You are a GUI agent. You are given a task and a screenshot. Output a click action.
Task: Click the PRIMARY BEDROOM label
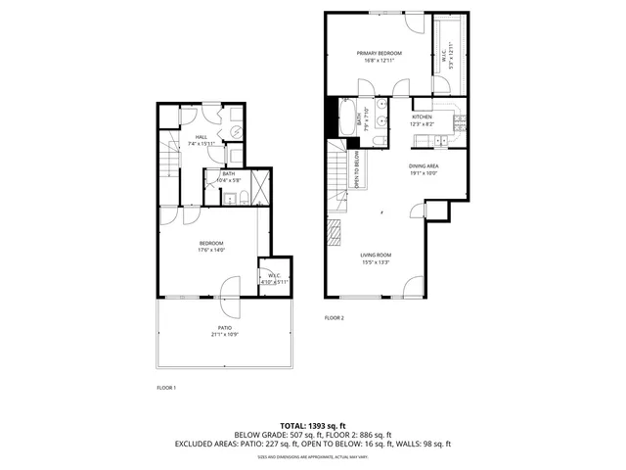(x=378, y=53)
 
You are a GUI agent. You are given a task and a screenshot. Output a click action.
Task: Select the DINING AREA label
(x=424, y=166)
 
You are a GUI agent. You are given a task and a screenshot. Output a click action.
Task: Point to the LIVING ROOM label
(x=377, y=255)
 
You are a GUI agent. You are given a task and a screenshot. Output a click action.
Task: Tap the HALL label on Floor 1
(x=201, y=137)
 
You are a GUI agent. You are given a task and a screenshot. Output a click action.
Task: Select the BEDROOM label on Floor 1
(x=212, y=244)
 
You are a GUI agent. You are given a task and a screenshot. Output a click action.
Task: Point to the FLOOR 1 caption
(x=166, y=388)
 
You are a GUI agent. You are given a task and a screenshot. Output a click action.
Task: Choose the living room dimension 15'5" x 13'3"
(x=377, y=261)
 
